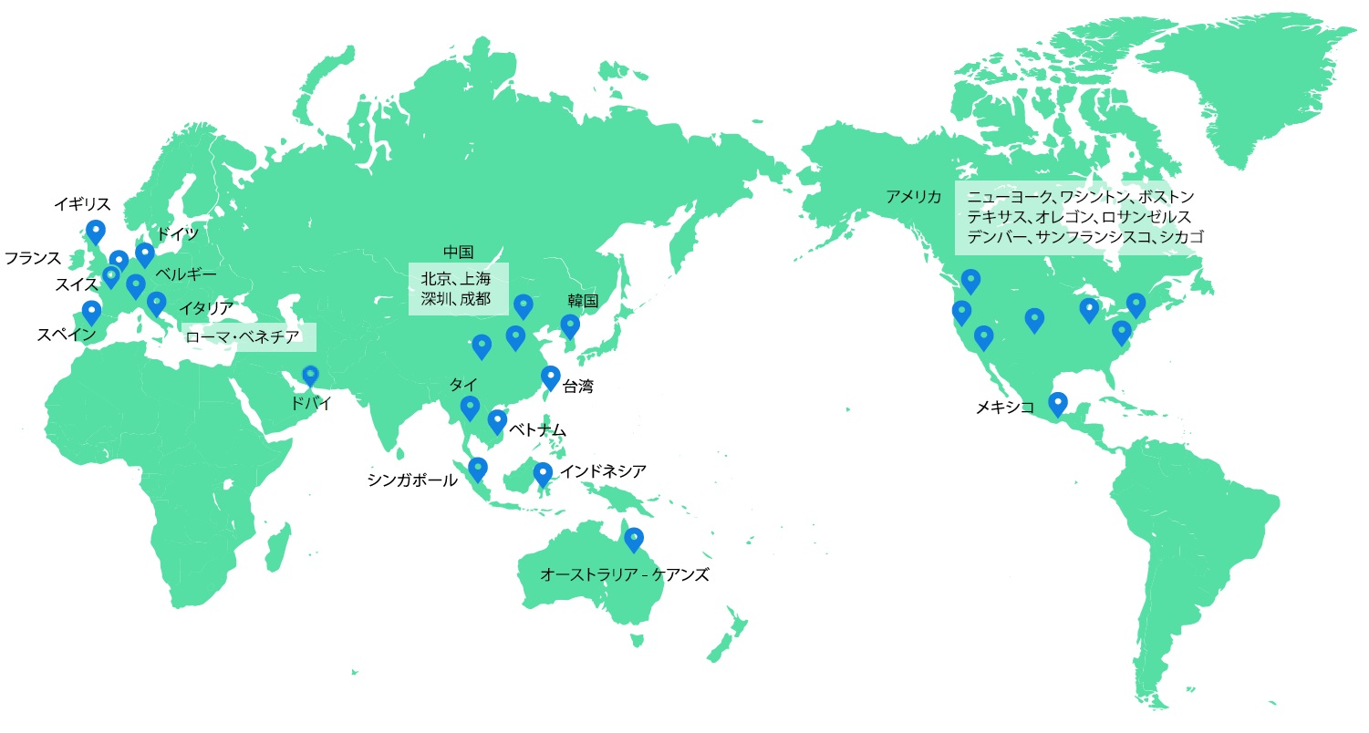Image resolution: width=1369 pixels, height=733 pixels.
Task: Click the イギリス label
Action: pyautogui.click(x=82, y=203)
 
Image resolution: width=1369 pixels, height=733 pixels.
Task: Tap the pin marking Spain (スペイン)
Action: pyautogui.click(x=91, y=312)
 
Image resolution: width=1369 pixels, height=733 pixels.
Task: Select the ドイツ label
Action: pyautogui.click(x=178, y=234)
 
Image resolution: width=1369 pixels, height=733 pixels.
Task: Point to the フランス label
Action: pyautogui.click(x=32, y=257)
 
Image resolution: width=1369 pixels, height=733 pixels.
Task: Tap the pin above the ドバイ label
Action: pyautogui.click(x=311, y=375)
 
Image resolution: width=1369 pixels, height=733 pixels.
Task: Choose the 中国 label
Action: pyautogui.click(x=458, y=253)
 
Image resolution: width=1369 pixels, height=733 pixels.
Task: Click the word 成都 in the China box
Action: pyautogui.click(x=475, y=298)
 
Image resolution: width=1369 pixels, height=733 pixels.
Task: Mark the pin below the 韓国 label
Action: pyautogui.click(x=570, y=325)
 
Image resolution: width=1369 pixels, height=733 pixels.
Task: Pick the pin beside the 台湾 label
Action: pyautogui.click(x=550, y=377)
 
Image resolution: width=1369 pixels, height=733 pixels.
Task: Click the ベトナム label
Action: pyautogui.click(x=537, y=429)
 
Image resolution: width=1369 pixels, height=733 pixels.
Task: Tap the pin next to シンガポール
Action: pyautogui.click(x=477, y=469)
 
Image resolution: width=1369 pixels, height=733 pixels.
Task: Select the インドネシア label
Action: pyautogui.click(x=603, y=471)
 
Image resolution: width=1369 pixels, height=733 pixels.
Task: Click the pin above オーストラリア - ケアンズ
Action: pyautogui.click(x=633, y=539)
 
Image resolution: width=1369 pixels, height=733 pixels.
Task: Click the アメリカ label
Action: pyautogui.click(x=913, y=196)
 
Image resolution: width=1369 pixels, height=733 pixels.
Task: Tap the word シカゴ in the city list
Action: pyautogui.click(x=1182, y=237)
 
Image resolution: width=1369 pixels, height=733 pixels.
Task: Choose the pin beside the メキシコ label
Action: pyautogui.click(x=1058, y=402)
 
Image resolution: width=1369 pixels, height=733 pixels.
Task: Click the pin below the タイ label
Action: pyautogui.click(x=470, y=407)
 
